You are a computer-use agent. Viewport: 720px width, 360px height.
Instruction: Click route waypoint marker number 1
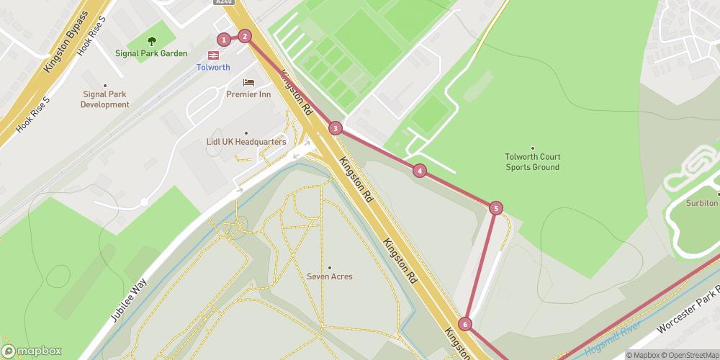click(x=225, y=40)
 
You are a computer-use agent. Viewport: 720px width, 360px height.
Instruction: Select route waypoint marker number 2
click(x=245, y=36)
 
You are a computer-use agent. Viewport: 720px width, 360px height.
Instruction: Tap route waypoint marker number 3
click(x=335, y=129)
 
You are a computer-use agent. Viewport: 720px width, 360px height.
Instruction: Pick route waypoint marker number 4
click(x=419, y=171)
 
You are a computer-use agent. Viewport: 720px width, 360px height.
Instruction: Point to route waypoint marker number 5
click(x=495, y=208)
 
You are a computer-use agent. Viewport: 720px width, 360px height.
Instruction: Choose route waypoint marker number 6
click(x=465, y=325)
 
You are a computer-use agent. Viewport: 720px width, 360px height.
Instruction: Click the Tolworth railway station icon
click(x=214, y=55)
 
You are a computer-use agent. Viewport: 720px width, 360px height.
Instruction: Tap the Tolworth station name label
click(x=213, y=68)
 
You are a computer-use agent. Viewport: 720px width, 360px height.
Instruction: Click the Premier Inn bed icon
click(x=248, y=82)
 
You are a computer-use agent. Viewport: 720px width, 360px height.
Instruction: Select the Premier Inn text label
click(x=248, y=94)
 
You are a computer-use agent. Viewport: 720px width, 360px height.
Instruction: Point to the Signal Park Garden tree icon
click(x=151, y=42)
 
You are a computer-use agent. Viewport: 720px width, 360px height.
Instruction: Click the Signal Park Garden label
click(x=151, y=53)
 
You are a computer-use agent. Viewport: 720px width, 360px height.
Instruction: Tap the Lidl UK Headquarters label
click(x=246, y=143)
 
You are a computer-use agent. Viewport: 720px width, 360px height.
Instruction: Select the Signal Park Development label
click(x=105, y=99)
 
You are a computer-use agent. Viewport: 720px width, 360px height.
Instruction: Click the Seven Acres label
click(x=330, y=276)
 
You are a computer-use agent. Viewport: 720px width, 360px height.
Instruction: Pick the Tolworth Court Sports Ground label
click(x=533, y=162)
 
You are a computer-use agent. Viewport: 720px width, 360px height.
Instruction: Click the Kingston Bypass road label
click(x=66, y=41)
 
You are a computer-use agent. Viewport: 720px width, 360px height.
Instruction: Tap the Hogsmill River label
click(x=612, y=338)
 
